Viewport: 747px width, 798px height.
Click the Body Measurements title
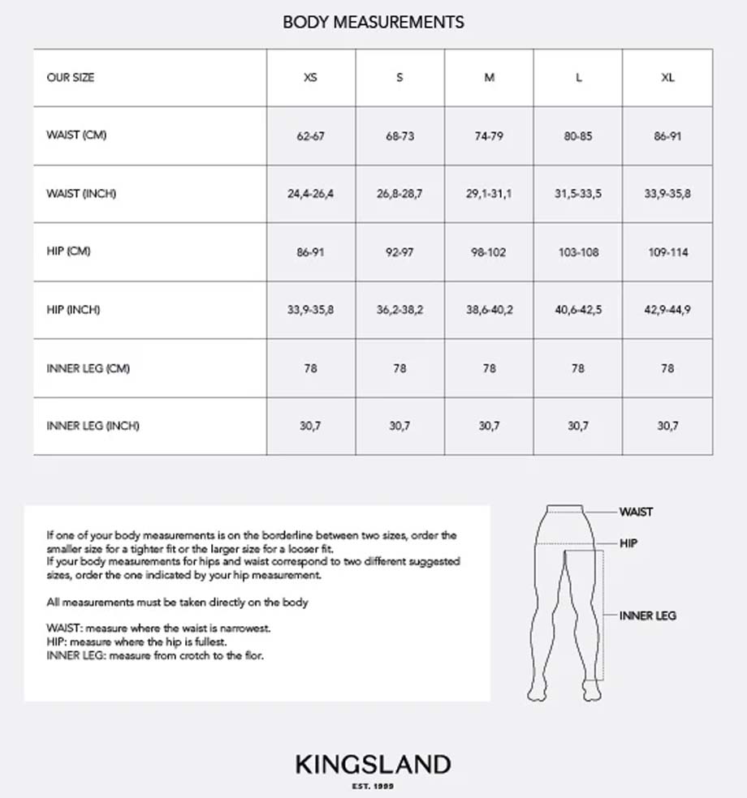(x=373, y=22)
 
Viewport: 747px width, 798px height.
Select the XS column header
(x=310, y=78)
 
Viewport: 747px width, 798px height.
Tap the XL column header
(x=667, y=78)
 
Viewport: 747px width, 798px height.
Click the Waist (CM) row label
(x=76, y=135)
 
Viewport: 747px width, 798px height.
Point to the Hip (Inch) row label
(x=74, y=310)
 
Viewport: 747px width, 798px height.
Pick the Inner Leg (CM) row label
(x=88, y=368)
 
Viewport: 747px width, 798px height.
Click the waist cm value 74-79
(x=489, y=136)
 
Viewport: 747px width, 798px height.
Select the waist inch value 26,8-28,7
(x=399, y=194)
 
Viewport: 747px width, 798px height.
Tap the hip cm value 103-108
(x=578, y=252)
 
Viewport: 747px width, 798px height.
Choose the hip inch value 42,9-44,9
(x=667, y=310)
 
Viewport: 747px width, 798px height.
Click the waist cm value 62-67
(x=310, y=136)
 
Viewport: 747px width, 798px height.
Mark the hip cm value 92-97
(x=399, y=252)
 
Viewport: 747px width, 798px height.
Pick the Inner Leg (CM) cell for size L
(x=578, y=368)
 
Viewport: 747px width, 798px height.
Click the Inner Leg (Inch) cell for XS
(x=310, y=426)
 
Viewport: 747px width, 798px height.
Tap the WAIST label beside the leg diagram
(x=636, y=512)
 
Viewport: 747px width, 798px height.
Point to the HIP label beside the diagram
(x=628, y=543)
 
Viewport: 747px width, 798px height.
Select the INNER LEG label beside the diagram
(x=647, y=616)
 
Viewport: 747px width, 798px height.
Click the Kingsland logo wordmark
(x=373, y=764)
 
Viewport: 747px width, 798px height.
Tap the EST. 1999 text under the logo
(x=373, y=785)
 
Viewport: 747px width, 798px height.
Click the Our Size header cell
(x=71, y=78)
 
